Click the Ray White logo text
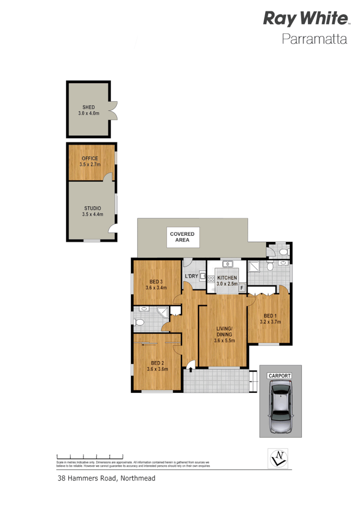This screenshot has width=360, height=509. click(x=305, y=19)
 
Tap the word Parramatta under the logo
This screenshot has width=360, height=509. click(x=314, y=39)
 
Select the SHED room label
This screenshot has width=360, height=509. click(x=88, y=108)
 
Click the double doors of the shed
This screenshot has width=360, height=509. click(x=113, y=110)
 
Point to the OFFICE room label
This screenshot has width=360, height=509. click(x=90, y=158)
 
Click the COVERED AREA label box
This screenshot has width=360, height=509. click(x=183, y=237)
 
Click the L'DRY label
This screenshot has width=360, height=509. click(x=191, y=276)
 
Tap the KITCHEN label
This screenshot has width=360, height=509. click(x=227, y=278)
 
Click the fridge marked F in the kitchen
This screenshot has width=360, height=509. click(x=241, y=288)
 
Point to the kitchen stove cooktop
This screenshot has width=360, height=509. click(x=211, y=279)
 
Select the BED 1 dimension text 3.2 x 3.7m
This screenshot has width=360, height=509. click(x=269, y=322)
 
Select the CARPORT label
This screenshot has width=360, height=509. click(x=280, y=376)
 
